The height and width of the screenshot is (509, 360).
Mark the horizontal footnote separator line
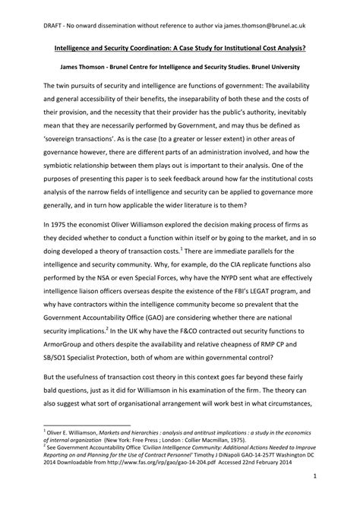click(x=84, y=423)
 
